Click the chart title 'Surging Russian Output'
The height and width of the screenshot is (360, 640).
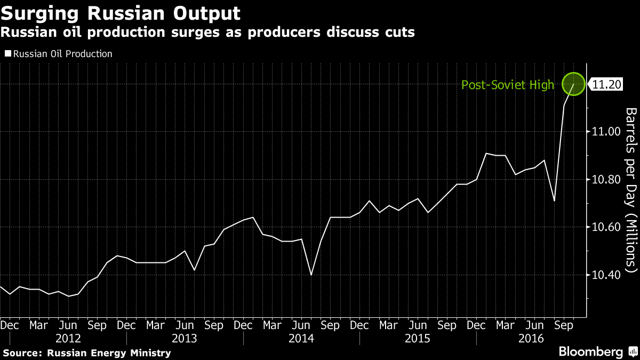tap(121, 12)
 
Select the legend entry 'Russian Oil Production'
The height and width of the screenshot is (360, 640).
tap(62, 54)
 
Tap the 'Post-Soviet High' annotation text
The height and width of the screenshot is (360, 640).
tap(507, 85)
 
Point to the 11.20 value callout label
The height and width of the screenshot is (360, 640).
tap(607, 84)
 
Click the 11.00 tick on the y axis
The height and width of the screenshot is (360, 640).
tap(607, 132)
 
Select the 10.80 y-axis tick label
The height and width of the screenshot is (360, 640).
tap(607, 180)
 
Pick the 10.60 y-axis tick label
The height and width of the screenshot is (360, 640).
tap(607, 227)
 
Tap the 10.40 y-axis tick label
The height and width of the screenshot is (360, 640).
tap(607, 275)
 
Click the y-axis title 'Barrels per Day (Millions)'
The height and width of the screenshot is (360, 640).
tap(631, 190)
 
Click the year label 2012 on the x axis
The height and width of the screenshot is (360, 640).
tap(68, 338)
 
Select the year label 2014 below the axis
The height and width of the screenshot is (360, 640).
tap(301, 338)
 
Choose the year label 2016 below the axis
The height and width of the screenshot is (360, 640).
tap(532, 338)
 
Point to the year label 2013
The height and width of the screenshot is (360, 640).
tap(185, 338)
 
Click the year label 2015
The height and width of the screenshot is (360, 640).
tap(418, 338)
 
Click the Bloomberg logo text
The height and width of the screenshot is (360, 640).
tap(590, 352)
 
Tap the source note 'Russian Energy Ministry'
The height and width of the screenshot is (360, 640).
tap(109, 353)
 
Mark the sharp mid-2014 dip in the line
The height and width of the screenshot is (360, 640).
tap(310, 275)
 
